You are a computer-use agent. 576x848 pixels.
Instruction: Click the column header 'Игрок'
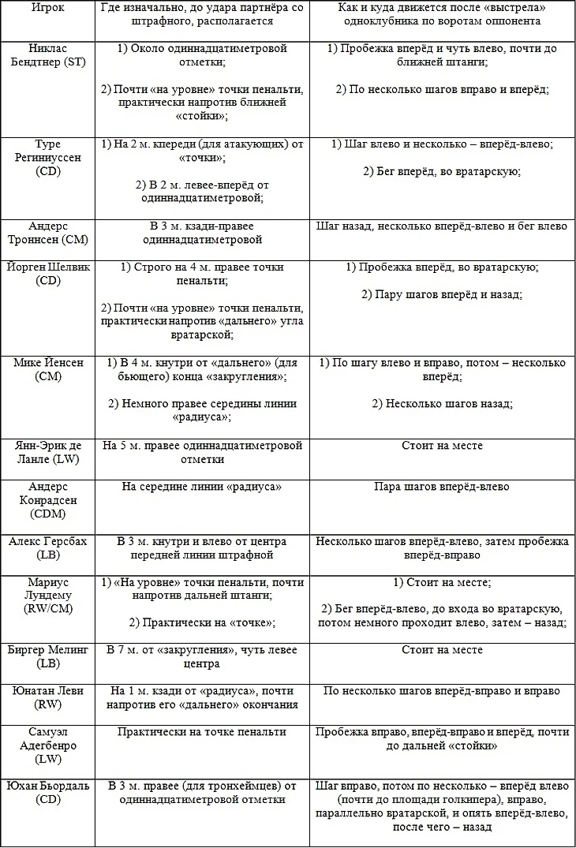click(x=48, y=7)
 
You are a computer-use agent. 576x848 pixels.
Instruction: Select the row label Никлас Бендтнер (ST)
click(x=48, y=54)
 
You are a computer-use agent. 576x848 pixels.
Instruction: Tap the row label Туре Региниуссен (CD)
click(x=48, y=158)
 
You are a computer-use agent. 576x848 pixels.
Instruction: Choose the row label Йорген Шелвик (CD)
click(x=48, y=274)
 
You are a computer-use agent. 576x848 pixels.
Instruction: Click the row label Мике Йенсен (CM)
click(x=48, y=369)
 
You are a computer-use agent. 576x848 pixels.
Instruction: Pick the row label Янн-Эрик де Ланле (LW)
click(x=48, y=452)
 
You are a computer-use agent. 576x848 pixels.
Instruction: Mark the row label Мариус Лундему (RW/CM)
click(x=48, y=596)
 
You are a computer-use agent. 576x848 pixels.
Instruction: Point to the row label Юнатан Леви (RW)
click(x=48, y=697)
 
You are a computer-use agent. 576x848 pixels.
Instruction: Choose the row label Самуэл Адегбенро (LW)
click(x=48, y=745)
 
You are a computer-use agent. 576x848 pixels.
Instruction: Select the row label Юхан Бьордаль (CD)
click(x=48, y=793)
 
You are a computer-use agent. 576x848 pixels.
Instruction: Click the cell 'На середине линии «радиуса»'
click(x=202, y=487)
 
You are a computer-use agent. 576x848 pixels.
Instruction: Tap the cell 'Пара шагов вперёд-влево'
click(x=441, y=487)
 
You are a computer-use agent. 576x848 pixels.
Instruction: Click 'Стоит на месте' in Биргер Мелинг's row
click(x=441, y=650)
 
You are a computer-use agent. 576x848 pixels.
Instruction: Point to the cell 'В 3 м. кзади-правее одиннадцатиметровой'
click(x=202, y=233)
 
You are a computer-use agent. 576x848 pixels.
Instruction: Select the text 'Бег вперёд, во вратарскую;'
click(x=441, y=171)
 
